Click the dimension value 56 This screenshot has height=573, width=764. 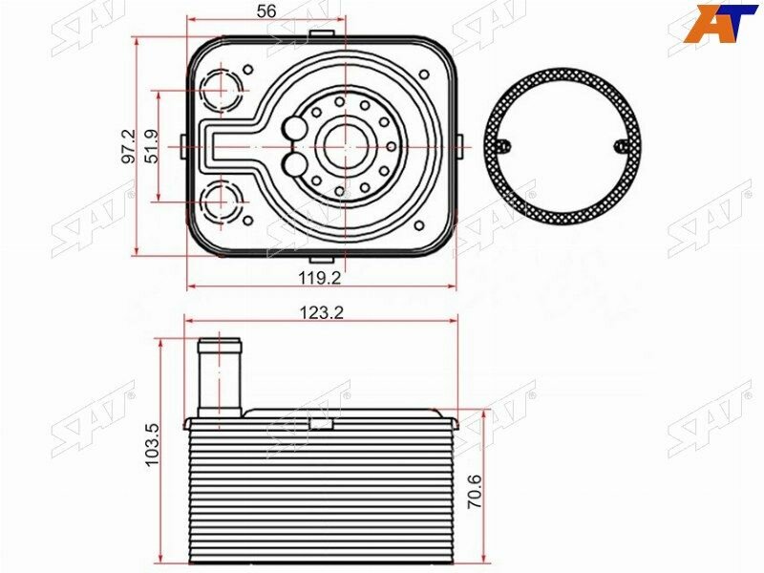click(x=266, y=11)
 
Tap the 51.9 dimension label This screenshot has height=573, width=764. click(x=151, y=147)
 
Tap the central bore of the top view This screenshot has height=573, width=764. click(x=339, y=146)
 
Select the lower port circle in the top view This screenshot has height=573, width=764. click(x=222, y=202)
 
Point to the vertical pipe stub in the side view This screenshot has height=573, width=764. click(x=221, y=375)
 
